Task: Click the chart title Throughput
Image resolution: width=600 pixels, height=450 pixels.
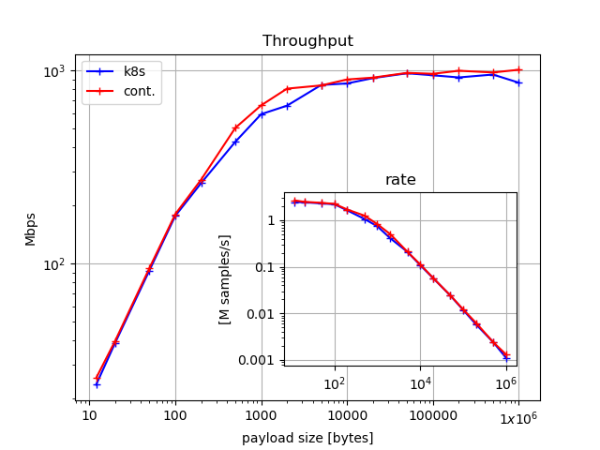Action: coord(307,41)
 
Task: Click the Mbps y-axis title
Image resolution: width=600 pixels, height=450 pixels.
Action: coord(31,228)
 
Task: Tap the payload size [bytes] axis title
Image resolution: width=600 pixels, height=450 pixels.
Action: coord(307,438)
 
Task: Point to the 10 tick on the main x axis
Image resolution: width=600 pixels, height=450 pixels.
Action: coord(89,415)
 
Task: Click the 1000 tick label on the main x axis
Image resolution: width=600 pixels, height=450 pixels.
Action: coord(262,415)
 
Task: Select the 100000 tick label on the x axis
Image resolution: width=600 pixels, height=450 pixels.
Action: coord(433,415)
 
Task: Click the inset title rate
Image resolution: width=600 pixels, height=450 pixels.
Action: coord(400,180)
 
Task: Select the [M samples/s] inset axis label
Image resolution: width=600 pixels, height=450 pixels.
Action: coord(225,279)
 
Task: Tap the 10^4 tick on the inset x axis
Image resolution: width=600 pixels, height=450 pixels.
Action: coord(421,383)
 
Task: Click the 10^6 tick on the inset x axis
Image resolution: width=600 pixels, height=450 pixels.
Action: coord(506,383)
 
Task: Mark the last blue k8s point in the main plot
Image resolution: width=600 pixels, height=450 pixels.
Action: coord(518,82)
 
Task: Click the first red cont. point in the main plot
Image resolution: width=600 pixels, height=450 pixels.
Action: coord(97,378)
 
